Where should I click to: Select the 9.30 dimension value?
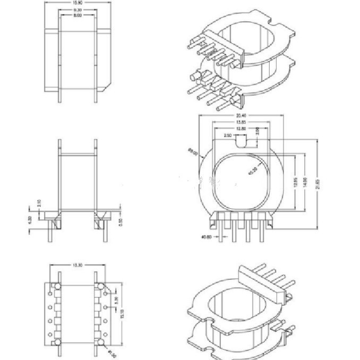[77, 10]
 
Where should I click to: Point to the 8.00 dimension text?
[77, 16]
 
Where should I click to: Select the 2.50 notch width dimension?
[229, 136]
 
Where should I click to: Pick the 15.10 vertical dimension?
[122, 314]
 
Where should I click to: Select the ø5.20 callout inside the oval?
[253, 171]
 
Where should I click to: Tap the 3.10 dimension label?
[30, 204]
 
